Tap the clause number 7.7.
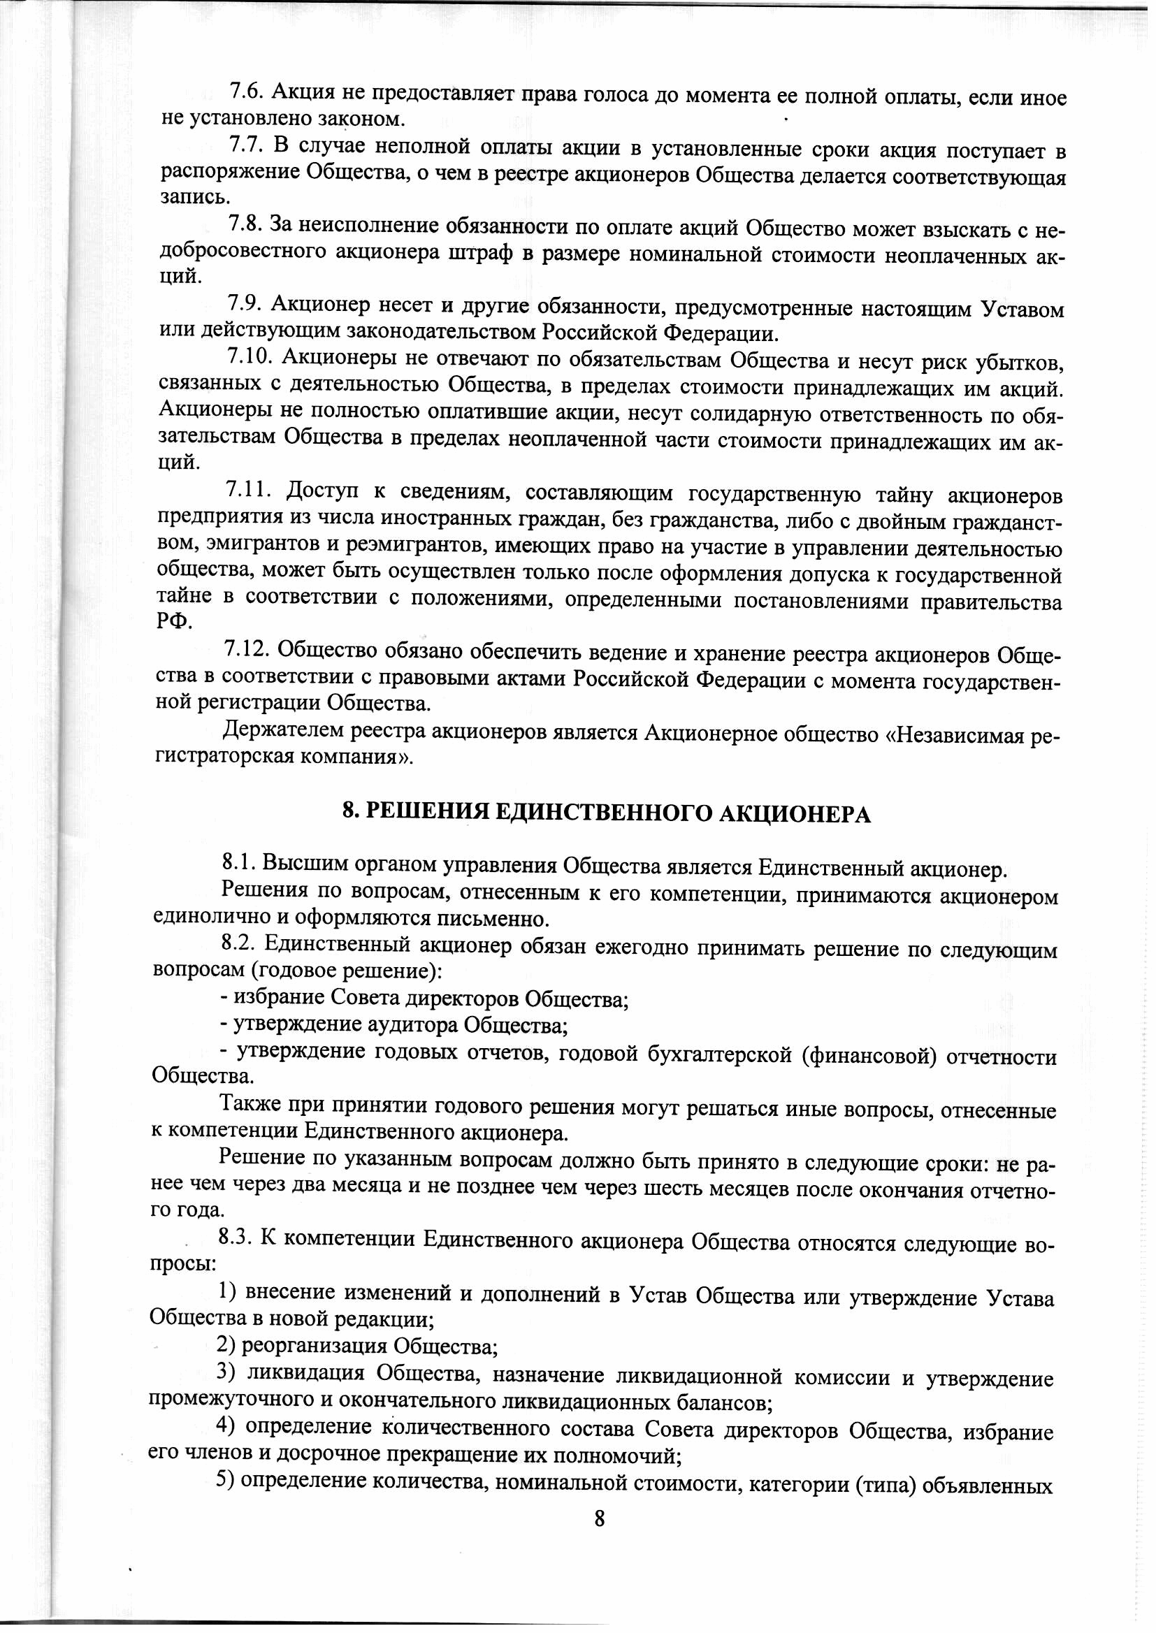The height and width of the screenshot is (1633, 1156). click(x=246, y=146)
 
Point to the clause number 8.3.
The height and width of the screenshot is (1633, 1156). click(x=236, y=1239)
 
